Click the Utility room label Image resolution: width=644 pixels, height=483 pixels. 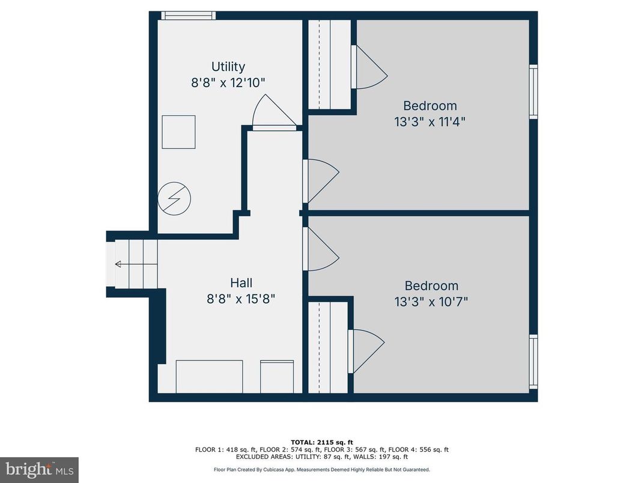pos(228,67)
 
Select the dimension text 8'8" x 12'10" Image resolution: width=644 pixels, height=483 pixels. pos(228,83)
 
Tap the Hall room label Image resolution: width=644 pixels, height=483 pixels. pos(241,282)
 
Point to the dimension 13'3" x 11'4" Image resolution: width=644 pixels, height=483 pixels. pos(430,121)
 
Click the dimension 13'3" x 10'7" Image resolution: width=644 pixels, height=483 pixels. pos(431,302)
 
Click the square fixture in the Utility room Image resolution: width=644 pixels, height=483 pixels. pos(179,132)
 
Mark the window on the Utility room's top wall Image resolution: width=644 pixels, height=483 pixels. pos(188,16)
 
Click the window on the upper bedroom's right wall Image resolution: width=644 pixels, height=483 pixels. pos(533,92)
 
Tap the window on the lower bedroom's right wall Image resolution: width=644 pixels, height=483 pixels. pos(533,362)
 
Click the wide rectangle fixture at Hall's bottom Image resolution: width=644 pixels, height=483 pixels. pos(209,376)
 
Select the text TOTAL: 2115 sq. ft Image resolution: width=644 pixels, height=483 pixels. pos(322,442)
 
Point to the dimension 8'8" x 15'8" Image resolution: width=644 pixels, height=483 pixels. pos(241,299)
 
